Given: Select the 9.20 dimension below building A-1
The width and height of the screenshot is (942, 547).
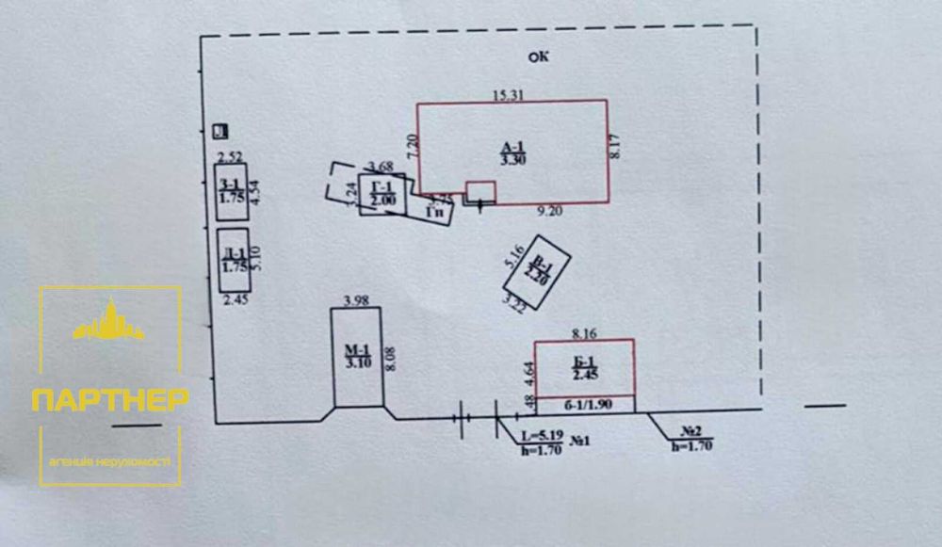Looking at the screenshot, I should pyautogui.click(x=549, y=211).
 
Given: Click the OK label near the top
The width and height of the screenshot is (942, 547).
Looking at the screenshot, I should pyautogui.click(x=538, y=56).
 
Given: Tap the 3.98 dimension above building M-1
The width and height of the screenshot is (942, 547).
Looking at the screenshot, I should pyautogui.click(x=355, y=300).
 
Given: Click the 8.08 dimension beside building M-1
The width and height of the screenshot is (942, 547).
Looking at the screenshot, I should pyautogui.click(x=392, y=357).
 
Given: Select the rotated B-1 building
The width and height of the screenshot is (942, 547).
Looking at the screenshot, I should pyautogui.click(x=537, y=271).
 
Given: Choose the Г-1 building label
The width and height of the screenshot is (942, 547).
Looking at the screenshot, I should pyautogui.click(x=382, y=193).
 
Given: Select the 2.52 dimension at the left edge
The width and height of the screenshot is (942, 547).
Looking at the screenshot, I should pyautogui.click(x=230, y=156).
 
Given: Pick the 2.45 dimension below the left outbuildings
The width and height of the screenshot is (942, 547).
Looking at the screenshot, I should pyautogui.click(x=234, y=300).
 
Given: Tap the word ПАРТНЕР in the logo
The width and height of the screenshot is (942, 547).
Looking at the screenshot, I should pyautogui.click(x=109, y=399).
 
